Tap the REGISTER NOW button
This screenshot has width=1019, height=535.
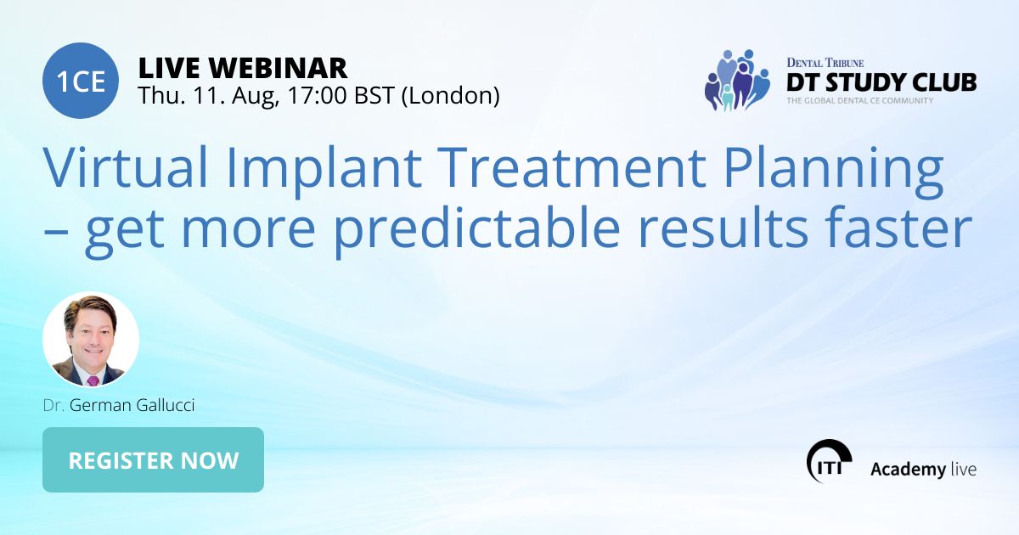pos(153,460)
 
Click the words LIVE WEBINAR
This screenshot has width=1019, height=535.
pos(242,67)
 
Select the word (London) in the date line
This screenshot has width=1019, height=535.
pos(449,95)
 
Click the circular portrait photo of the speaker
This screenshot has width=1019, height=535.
pos(91,340)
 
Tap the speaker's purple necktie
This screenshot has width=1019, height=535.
pos(93,380)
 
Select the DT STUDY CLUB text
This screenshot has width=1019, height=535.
pos(881,82)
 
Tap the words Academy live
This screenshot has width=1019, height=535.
pos(923,469)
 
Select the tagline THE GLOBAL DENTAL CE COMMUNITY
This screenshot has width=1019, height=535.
pos(859,101)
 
